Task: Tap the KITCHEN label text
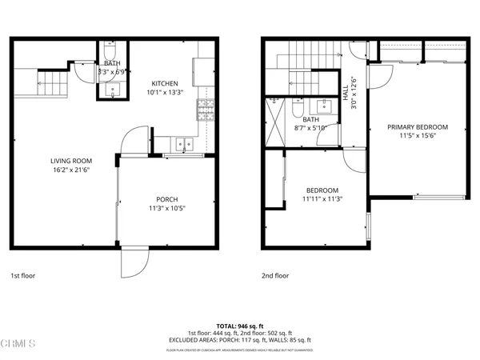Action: point(165,83)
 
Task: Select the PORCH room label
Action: point(166,199)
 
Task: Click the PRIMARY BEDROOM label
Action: point(417,127)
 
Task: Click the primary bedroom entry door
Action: point(379,74)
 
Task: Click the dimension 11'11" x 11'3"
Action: point(322,199)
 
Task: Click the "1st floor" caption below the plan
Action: point(23,275)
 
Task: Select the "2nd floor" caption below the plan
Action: point(274,275)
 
